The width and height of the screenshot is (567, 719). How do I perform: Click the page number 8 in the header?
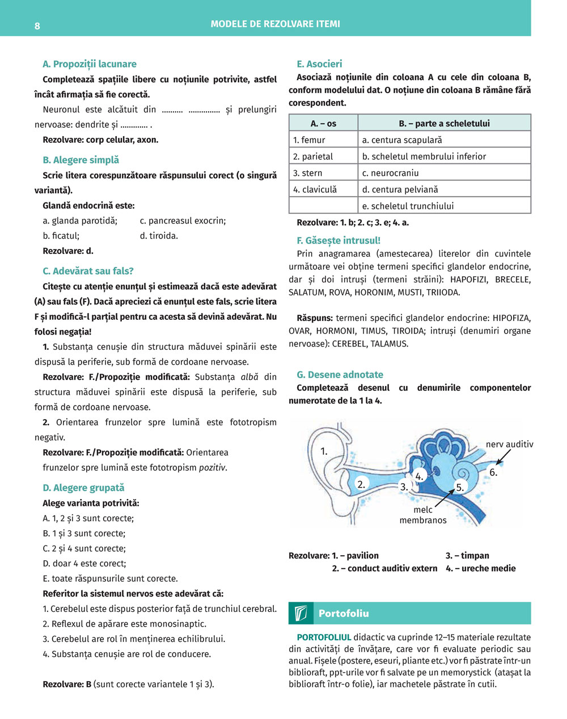click(37, 26)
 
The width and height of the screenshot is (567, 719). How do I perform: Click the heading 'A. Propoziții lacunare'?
click(89, 64)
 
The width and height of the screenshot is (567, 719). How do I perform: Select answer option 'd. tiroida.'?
click(159, 235)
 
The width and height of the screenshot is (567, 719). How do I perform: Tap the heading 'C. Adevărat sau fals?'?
click(88, 271)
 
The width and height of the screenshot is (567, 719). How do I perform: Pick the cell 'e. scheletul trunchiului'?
click(408, 206)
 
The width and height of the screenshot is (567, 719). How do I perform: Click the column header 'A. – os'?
click(323, 123)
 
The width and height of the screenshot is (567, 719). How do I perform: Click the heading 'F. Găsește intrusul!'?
click(338, 240)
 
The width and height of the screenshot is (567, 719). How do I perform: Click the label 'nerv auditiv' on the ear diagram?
click(509, 445)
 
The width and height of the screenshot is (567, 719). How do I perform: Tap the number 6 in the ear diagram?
click(493, 472)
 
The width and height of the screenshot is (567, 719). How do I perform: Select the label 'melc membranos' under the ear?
click(423, 515)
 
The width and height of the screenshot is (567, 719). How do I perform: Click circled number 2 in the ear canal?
click(361, 484)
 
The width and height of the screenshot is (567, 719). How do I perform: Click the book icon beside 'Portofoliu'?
click(301, 613)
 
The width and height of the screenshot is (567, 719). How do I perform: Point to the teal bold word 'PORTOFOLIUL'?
click(324, 637)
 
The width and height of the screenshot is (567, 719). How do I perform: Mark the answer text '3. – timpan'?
click(467, 556)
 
